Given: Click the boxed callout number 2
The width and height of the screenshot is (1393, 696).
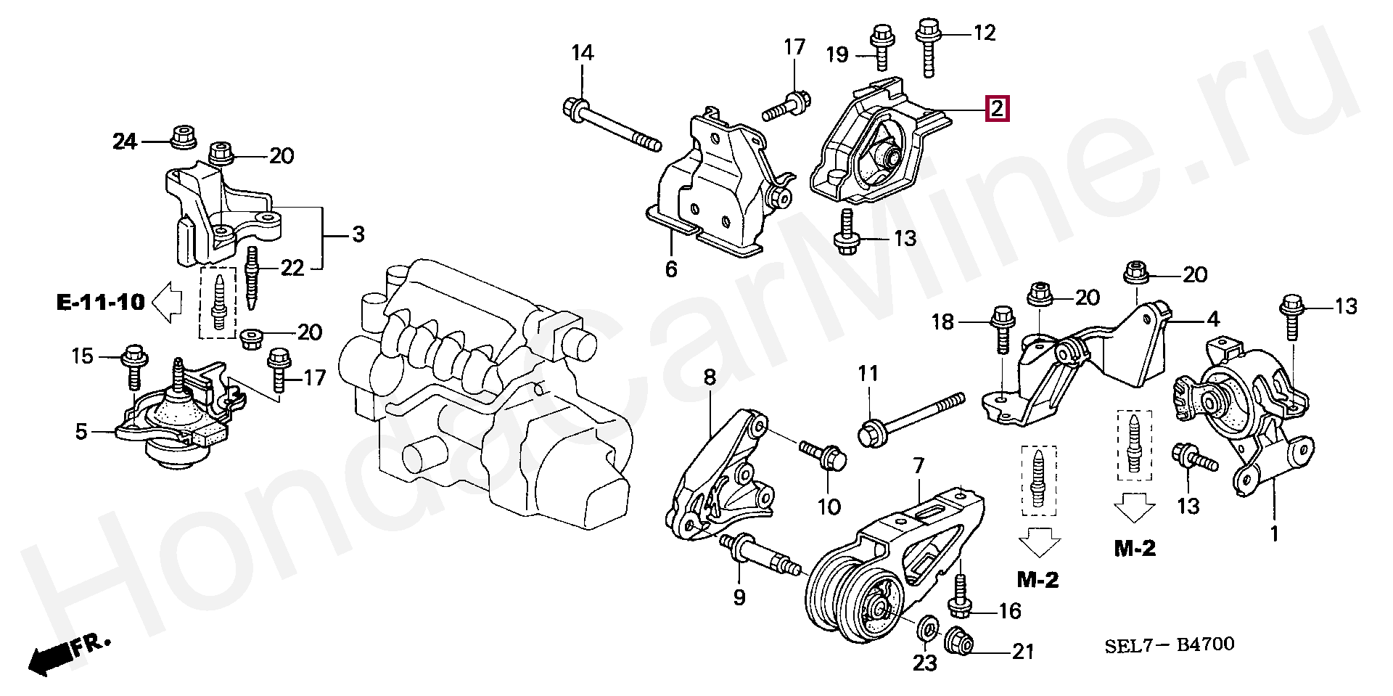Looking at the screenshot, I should click(x=996, y=110).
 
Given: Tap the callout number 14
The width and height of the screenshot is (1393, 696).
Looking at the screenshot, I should click(x=582, y=53).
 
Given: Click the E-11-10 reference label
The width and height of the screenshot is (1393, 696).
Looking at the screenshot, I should click(x=102, y=301).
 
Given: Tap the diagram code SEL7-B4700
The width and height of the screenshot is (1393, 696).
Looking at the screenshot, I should click(x=1168, y=644).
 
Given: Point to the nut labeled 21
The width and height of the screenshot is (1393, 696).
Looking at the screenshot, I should click(x=959, y=639).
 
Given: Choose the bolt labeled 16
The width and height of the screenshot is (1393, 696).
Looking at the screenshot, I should click(x=961, y=597).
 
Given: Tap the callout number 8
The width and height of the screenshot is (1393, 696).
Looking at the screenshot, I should click(x=710, y=377).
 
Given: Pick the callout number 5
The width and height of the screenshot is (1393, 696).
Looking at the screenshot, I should click(x=81, y=433).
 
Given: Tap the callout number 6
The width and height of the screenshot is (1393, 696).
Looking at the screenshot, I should click(x=671, y=269).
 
